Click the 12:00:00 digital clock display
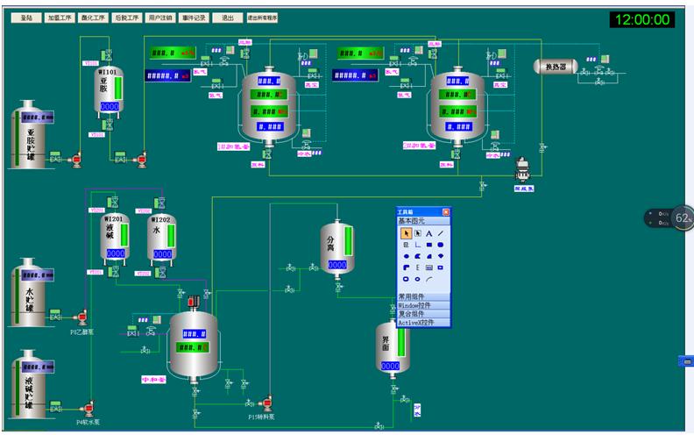(x=642, y=19)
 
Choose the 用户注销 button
(x=160, y=17)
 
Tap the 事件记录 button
(x=195, y=17)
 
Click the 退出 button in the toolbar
(x=228, y=17)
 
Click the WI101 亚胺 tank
(x=110, y=92)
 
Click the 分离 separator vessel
(x=336, y=247)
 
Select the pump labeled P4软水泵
(x=88, y=409)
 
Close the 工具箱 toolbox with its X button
(x=445, y=212)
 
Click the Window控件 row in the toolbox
(x=423, y=304)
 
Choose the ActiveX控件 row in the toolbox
(x=423, y=323)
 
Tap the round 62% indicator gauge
(x=682, y=217)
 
